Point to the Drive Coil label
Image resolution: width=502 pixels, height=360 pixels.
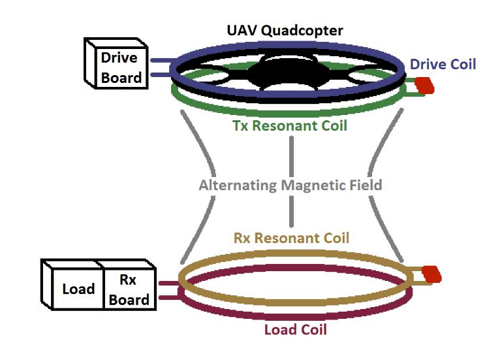tap(443, 64)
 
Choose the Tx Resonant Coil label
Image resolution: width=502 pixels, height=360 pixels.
tap(290, 125)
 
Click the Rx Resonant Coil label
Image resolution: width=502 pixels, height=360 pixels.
tap(291, 238)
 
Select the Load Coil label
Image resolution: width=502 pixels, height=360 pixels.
tap(295, 329)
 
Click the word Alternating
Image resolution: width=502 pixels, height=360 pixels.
tap(238, 185)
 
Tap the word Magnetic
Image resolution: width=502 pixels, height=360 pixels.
tap(313, 185)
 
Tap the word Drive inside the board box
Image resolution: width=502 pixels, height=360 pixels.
tap(119, 57)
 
